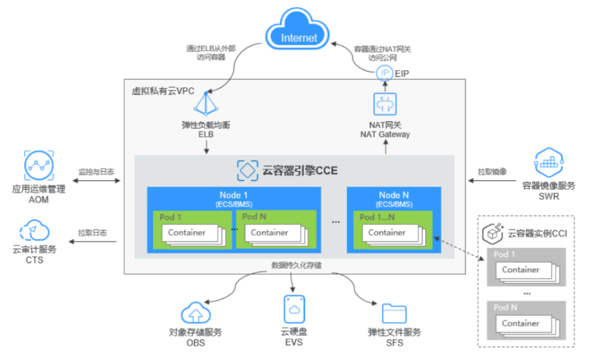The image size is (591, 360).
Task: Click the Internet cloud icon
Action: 297,29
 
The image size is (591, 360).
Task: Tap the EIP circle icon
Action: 385,73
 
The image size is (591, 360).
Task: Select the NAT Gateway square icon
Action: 385,104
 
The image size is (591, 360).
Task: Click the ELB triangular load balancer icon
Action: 206,104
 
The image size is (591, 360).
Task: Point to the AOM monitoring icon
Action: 39,165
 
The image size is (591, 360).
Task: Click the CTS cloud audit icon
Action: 34,230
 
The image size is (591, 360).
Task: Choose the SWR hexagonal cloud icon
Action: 549,162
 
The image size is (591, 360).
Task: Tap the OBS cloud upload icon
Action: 195,313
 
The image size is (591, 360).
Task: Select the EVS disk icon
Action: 294,309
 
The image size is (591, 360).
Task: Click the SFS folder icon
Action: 394,313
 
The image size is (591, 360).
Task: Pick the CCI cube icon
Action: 493,233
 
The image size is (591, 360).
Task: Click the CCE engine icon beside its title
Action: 248,170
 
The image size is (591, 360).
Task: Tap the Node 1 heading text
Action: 234,195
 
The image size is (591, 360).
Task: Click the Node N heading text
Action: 394,195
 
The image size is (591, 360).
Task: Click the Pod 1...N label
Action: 377,217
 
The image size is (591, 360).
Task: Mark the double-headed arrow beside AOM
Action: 96,180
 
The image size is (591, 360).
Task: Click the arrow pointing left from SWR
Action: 492,180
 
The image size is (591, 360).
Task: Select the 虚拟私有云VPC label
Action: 163,91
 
